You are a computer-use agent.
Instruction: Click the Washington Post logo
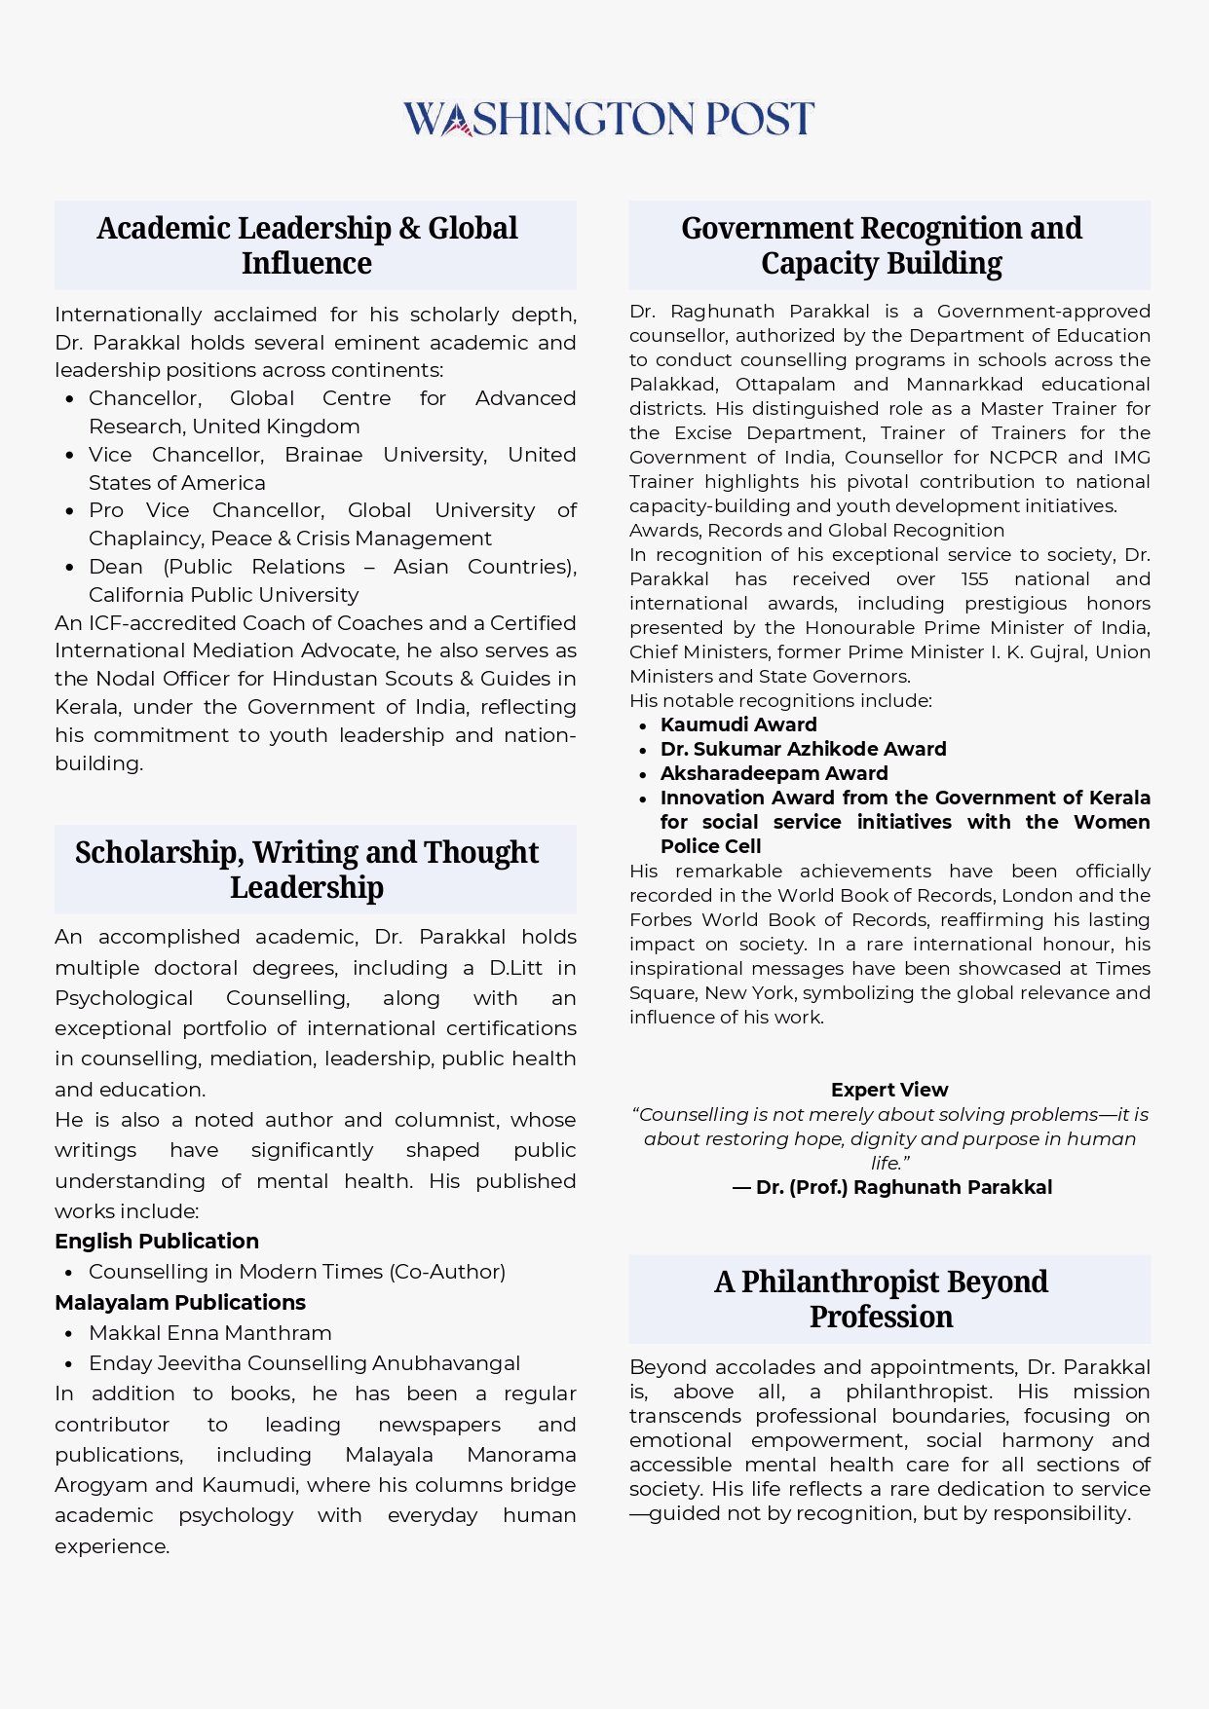[x=608, y=119]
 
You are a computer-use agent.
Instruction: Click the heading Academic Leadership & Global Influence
[x=307, y=245]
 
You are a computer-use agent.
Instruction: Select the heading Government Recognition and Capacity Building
[x=882, y=245]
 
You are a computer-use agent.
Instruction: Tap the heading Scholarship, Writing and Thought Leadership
[x=307, y=870]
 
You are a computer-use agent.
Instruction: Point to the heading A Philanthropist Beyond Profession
[x=882, y=1299]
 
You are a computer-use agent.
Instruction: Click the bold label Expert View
[x=889, y=1090]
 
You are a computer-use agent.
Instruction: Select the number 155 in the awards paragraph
[x=974, y=579]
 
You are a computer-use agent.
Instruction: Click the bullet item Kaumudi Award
[x=738, y=724]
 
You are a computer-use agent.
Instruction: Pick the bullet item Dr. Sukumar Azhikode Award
[x=803, y=749]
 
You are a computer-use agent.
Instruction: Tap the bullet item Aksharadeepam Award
[x=774, y=773]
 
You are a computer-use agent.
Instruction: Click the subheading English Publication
[x=157, y=1242]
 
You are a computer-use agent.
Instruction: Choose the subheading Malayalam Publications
[x=180, y=1303]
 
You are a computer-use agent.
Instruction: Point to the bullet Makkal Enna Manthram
[x=210, y=1333]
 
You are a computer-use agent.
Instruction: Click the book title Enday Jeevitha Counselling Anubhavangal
[x=304, y=1363]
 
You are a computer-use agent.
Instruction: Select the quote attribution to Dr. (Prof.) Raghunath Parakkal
[x=892, y=1188]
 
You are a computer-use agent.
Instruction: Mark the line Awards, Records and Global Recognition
[x=816, y=531]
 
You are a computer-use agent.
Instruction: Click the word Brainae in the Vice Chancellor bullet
[x=323, y=455]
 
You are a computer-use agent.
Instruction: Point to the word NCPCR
[x=1023, y=458]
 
